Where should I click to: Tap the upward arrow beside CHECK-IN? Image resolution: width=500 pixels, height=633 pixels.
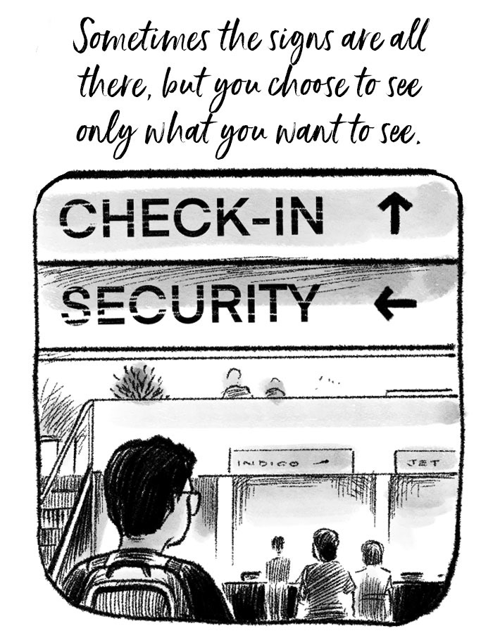point(395,214)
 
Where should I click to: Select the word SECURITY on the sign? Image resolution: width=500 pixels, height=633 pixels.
point(190,303)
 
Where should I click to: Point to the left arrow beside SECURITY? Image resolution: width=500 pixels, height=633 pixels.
point(395,304)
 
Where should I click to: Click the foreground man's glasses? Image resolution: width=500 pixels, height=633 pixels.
point(189,499)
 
